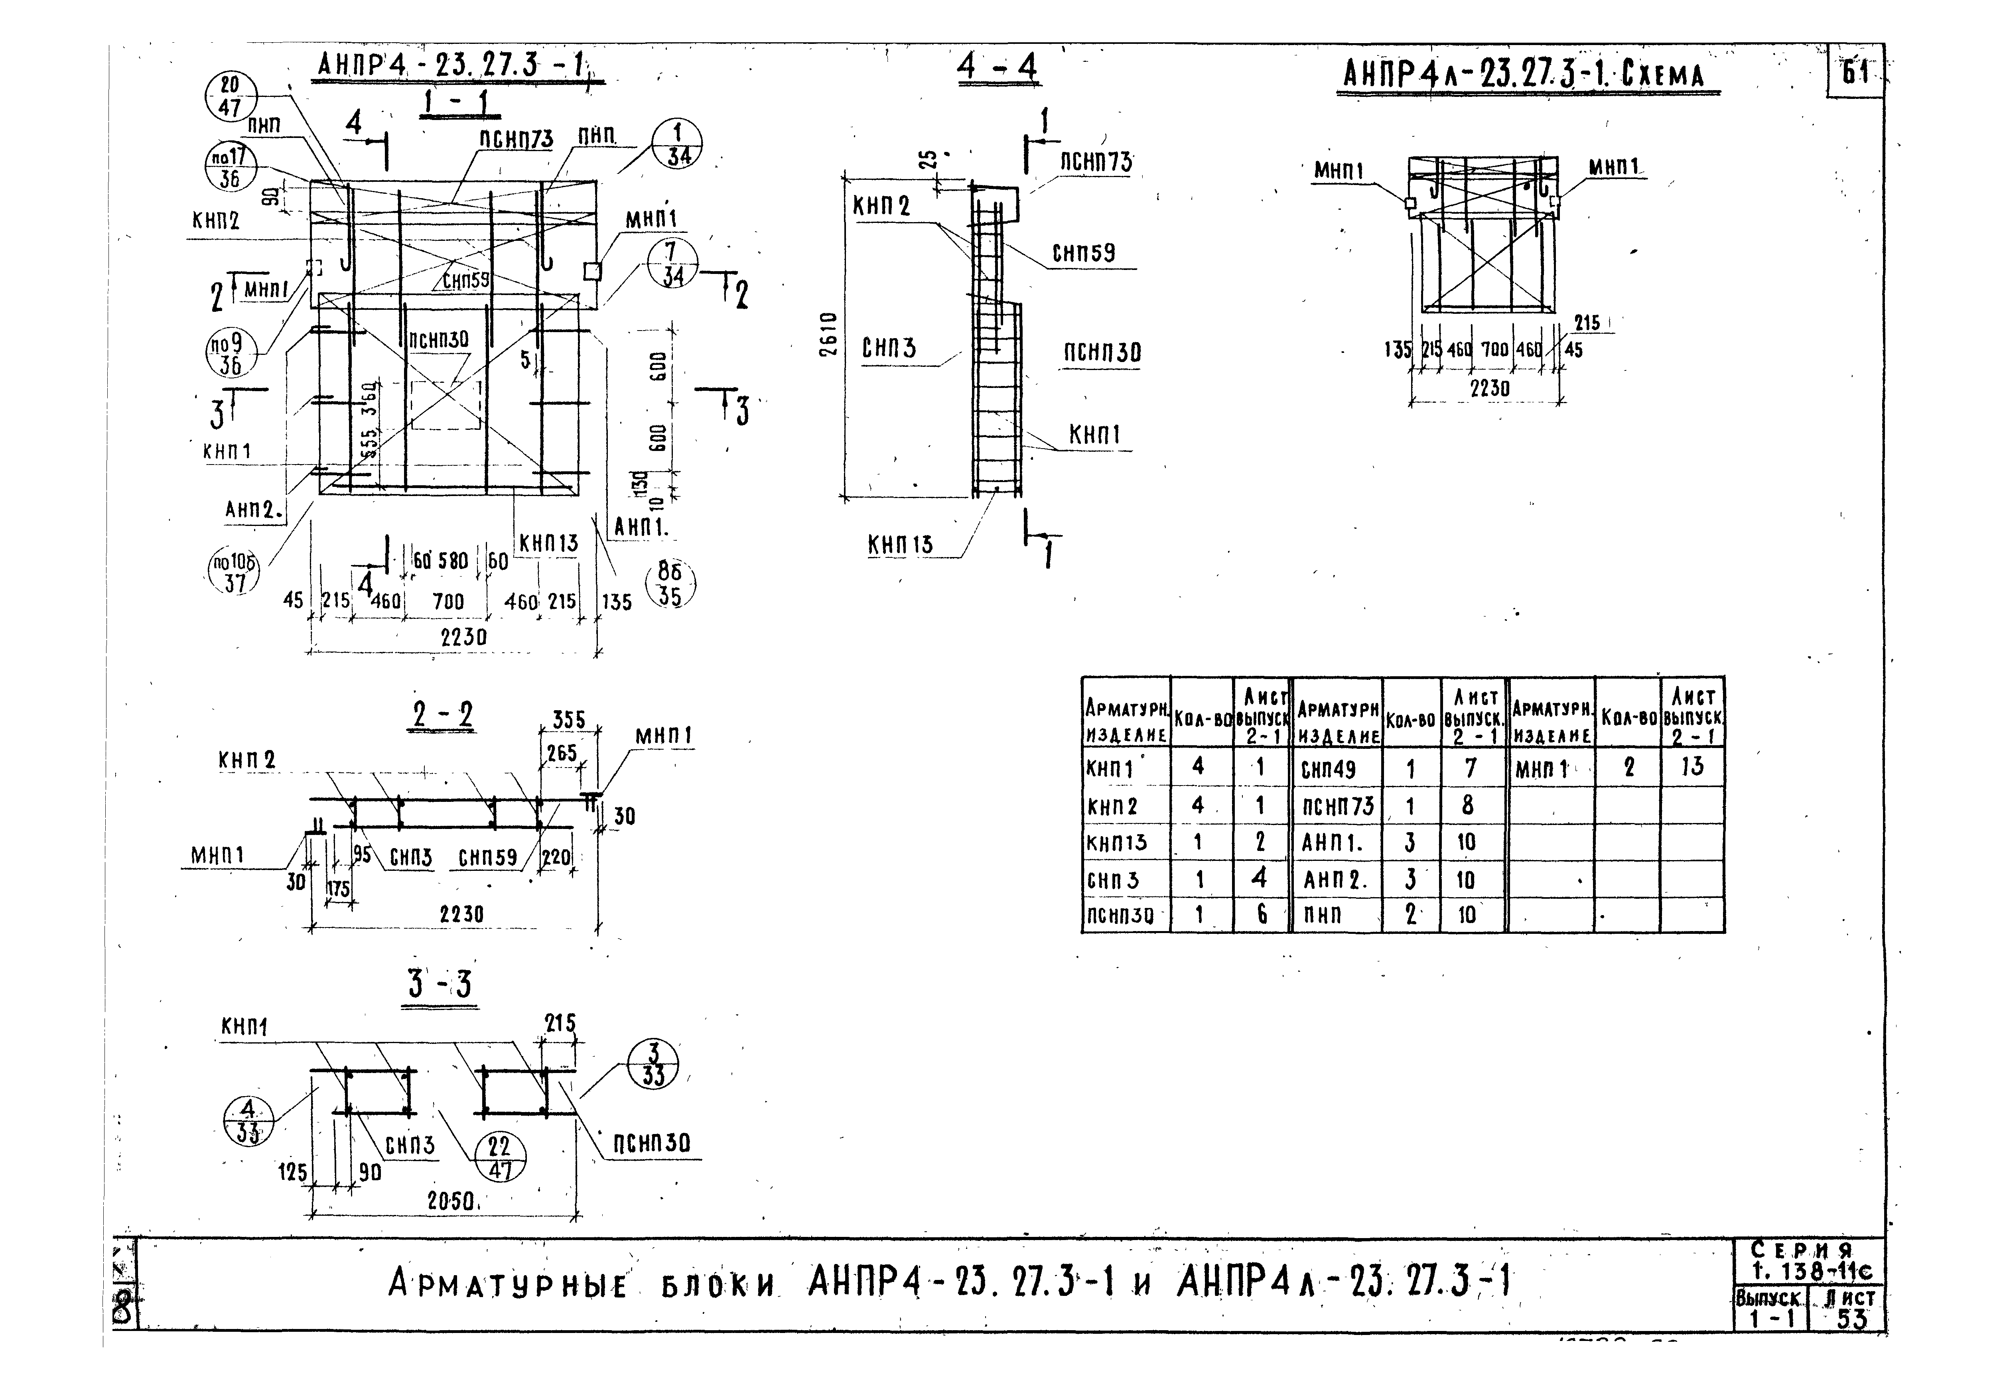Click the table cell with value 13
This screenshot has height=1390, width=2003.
(1692, 767)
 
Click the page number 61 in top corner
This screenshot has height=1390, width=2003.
(1856, 72)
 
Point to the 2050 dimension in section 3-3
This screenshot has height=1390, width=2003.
(449, 1202)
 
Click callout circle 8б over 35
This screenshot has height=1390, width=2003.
(669, 583)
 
